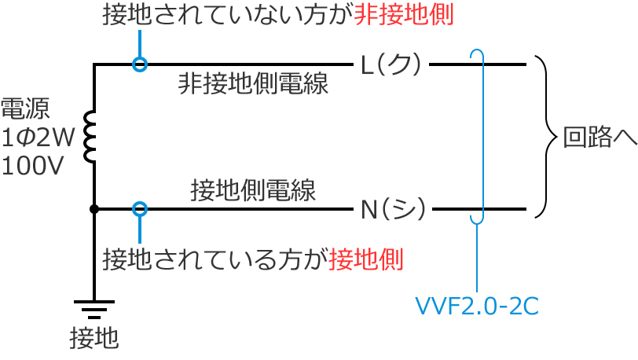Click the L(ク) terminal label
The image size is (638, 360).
click(391, 64)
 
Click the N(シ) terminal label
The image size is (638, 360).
click(393, 210)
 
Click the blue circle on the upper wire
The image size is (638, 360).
click(140, 64)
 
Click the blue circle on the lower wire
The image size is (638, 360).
click(140, 209)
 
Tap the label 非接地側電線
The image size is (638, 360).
click(253, 85)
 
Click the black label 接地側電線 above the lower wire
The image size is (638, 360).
click(253, 189)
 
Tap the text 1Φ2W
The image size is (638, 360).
click(37, 139)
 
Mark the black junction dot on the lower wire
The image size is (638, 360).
click(93, 209)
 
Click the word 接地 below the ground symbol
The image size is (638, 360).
click(93, 338)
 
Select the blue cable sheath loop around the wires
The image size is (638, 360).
click(477, 137)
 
